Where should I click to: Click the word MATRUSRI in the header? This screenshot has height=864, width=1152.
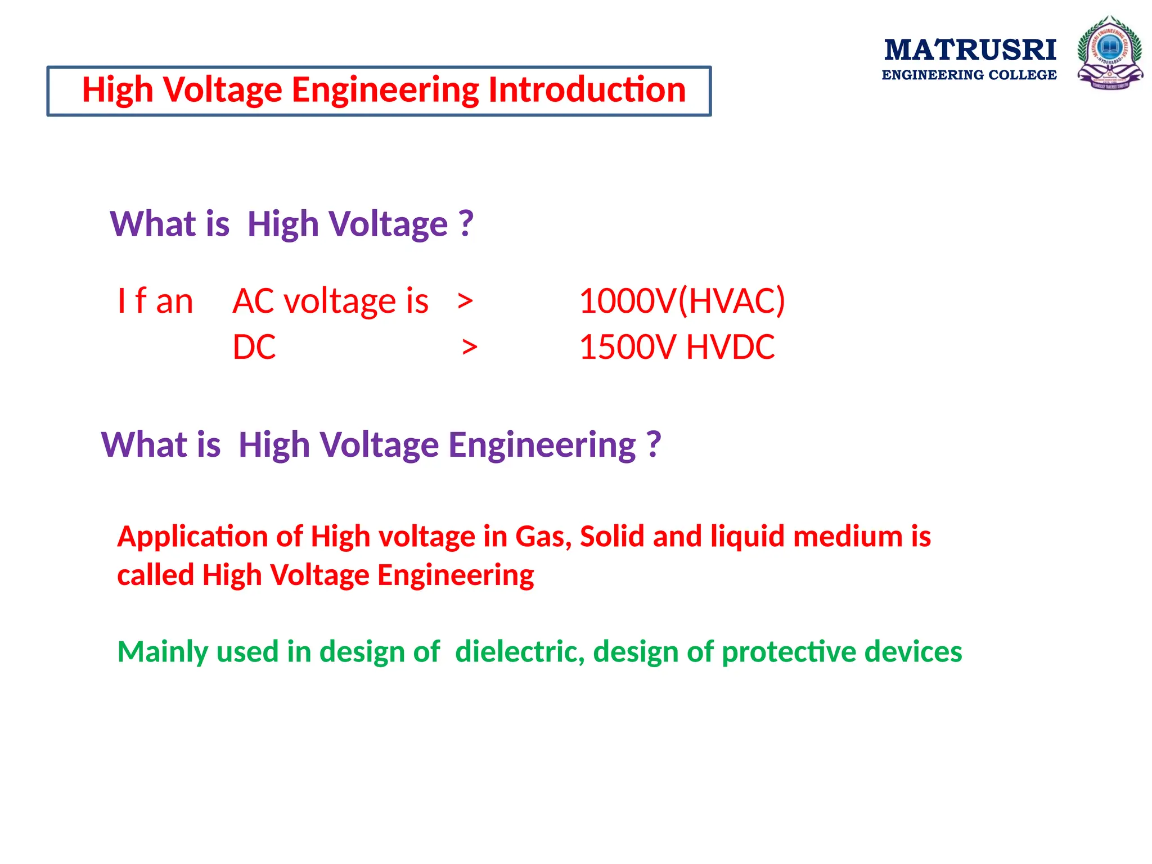970,50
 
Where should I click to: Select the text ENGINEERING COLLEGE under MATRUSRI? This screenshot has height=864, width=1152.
969,75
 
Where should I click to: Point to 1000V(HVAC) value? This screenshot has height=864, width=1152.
682,301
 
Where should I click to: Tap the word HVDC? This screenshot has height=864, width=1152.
730,347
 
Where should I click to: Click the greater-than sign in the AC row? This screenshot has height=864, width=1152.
465,301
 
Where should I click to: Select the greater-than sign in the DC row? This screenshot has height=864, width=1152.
470,348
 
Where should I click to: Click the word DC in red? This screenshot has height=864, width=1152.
254,347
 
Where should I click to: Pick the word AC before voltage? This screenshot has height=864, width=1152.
254,301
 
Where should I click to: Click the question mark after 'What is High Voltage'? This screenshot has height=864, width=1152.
466,224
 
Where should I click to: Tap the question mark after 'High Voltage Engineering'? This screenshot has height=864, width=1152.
653,445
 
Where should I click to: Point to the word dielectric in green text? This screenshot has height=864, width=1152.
520,652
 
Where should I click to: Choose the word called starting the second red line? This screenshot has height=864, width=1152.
155,575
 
